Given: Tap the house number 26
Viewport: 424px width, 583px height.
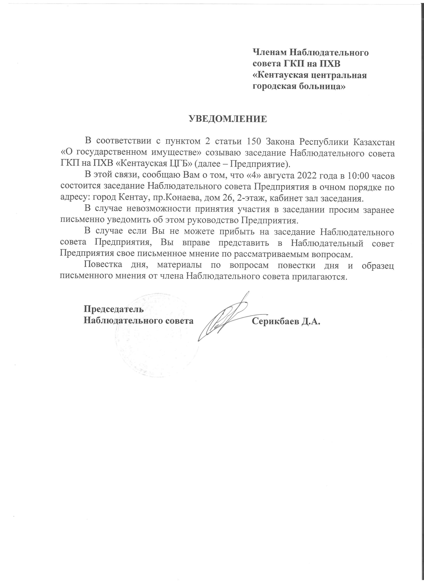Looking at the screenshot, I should [226, 198].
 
